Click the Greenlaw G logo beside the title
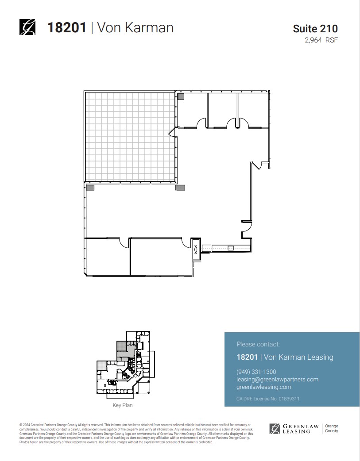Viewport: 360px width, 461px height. [x=27, y=27]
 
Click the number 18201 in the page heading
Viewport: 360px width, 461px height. [x=66, y=27]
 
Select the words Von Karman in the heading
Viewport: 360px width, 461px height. [x=135, y=27]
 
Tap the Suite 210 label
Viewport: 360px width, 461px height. [x=315, y=29]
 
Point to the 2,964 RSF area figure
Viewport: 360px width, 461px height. [x=321, y=40]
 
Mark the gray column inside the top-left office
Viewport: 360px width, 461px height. [x=181, y=96]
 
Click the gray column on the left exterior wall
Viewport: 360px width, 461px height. [x=90, y=188]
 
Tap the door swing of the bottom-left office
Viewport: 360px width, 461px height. [x=124, y=242]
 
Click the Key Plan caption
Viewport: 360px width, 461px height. [x=123, y=405]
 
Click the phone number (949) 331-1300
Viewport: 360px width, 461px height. [x=256, y=372]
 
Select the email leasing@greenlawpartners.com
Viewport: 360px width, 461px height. [x=278, y=379]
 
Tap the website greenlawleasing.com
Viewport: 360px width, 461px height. [x=264, y=387]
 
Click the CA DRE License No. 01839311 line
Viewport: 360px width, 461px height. [x=268, y=399]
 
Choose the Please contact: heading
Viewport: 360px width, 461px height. [x=258, y=344]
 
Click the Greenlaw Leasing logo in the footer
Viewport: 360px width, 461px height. [x=294, y=428]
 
